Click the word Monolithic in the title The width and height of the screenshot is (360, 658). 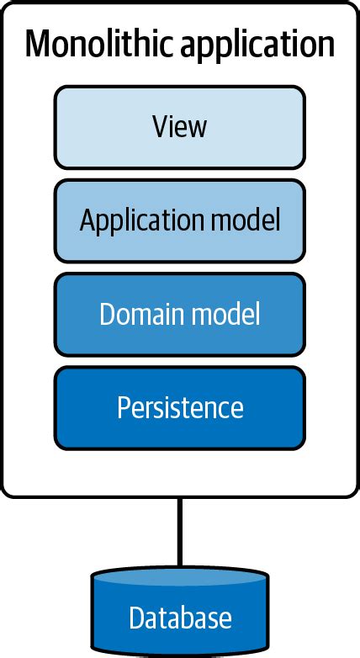(x=92, y=44)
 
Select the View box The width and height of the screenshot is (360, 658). (x=179, y=127)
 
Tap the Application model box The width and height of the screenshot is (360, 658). (x=179, y=220)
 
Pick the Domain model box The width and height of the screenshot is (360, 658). (x=179, y=314)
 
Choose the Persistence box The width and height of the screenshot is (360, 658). (x=179, y=407)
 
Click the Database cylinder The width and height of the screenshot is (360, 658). (x=179, y=614)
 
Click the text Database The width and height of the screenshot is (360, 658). (x=179, y=618)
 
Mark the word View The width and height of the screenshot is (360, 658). (x=179, y=127)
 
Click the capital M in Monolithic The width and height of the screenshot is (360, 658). (x=40, y=44)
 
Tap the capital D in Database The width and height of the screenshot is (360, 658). (x=135, y=618)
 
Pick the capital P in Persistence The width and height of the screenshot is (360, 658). (x=122, y=407)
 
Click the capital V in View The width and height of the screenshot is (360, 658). (x=159, y=127)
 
